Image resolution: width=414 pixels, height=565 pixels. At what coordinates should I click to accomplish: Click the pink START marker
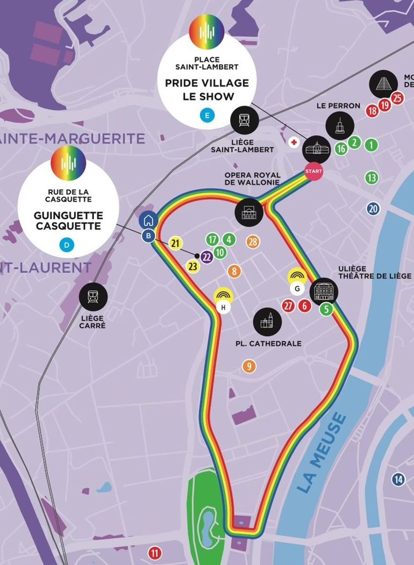click(x=313, y=171)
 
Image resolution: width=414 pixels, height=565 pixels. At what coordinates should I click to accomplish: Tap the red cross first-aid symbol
click(x=294, y=142)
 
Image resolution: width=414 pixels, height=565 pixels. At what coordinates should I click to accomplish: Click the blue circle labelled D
click(x=67, y=246)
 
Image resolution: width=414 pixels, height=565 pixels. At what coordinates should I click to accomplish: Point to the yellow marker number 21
click(x=175, y=244)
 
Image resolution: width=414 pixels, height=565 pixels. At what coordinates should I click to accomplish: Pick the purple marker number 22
click(x=206, y=256)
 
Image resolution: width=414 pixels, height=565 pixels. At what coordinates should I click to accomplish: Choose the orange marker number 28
click(x=253, y=242)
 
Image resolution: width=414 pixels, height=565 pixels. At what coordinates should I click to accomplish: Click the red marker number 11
click(x=155, y=553)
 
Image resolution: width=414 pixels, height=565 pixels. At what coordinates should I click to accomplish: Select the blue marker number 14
click(x=398, y=480)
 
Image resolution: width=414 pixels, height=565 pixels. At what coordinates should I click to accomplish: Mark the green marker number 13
click(x=372, y=177)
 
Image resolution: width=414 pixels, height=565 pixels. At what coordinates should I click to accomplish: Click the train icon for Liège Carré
click(x=94, y=297)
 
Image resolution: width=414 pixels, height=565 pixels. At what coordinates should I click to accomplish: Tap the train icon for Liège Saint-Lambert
click(x=244, y=120)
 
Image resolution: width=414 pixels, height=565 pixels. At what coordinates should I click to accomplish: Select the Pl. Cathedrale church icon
click(x=267, y=322)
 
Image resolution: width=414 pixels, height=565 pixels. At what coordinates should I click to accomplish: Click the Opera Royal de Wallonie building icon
click(x=249, y=212)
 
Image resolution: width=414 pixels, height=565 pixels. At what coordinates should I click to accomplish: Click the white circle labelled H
click(x=223, y=307)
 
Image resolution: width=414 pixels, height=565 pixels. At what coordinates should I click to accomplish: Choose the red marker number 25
click(x=397, y=98)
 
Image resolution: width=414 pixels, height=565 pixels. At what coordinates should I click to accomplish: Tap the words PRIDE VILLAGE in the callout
click(x=207, y=83)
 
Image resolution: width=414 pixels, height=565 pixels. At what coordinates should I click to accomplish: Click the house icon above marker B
click(x=148, y=220)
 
